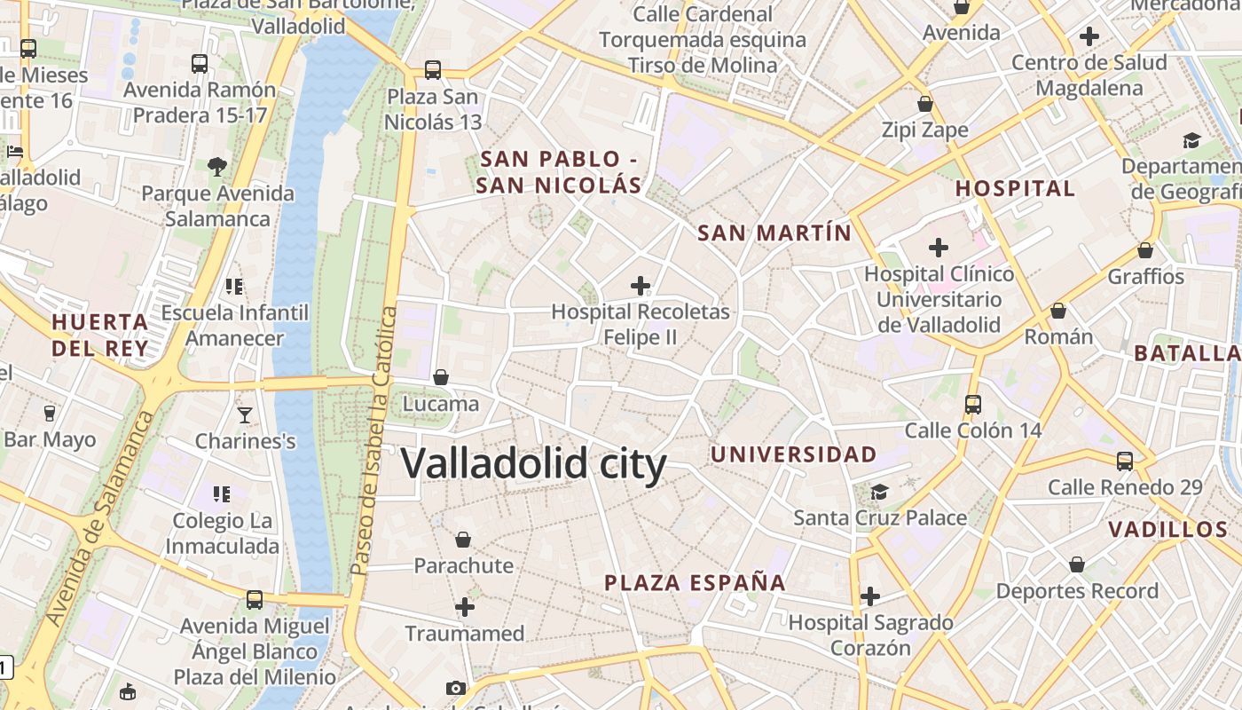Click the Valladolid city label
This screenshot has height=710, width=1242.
click(533, 464)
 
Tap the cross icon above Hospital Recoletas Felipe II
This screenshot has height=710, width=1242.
click(640, 285)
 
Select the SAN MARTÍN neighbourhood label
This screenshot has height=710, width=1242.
click(774, 233)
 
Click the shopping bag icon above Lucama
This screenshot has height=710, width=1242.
click(441, 377)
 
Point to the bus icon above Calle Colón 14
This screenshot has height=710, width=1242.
click(972, 404)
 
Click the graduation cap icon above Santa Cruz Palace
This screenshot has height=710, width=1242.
click(878, 491)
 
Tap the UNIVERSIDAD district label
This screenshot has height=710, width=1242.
click(793, 454)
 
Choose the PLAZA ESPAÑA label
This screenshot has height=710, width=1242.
click(695, 582)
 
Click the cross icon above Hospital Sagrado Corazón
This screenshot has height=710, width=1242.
click(870, 596)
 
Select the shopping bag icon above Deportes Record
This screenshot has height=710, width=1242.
click(1076, 564)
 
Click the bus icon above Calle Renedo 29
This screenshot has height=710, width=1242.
click(1125, 461)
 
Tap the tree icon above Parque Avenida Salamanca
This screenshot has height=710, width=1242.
click(217, 166)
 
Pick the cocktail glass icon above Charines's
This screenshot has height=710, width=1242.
click(244, 414)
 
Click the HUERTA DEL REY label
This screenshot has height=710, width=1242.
click(99, 335)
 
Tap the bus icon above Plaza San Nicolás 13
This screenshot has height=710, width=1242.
click(432, 69)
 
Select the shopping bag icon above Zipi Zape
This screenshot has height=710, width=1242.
click(924, 104)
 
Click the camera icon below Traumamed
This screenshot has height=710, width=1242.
click(455, 688)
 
